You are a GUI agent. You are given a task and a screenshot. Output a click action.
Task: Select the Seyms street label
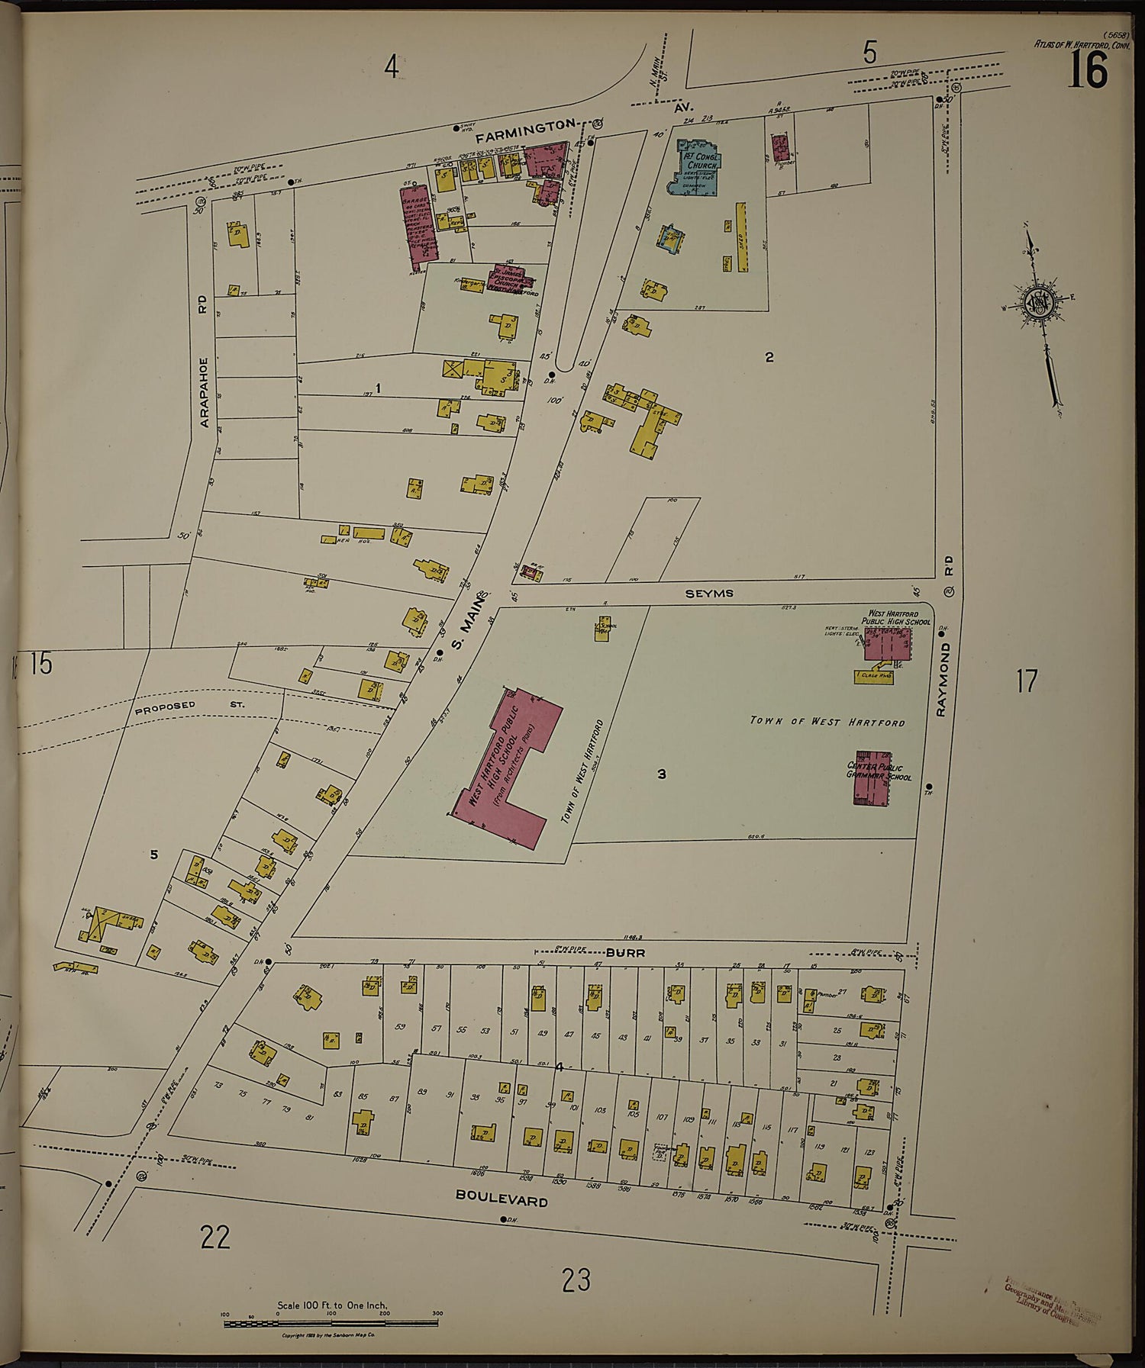(708, 593)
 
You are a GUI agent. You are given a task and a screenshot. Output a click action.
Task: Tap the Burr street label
(626, 953)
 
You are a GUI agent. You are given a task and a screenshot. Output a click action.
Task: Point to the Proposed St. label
(189, 706)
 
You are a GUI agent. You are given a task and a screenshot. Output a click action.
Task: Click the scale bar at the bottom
(331, 1323)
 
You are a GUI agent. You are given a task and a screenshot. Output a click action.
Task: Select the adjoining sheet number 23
(576, 1279)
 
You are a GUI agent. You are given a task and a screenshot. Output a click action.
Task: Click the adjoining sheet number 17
(1027, 681)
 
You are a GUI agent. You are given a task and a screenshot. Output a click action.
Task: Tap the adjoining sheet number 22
(214, 1236)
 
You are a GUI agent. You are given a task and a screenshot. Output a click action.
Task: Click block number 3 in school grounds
(661, 774)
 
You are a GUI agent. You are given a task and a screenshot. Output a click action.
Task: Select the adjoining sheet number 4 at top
(392, 68)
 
